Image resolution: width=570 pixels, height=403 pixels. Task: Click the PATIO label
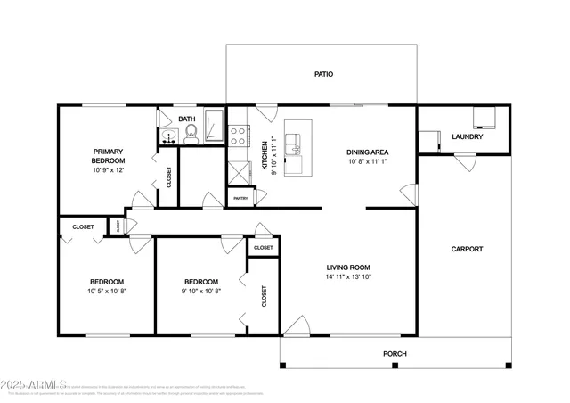[323, 74]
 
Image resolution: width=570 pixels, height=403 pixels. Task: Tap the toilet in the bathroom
[190, 136]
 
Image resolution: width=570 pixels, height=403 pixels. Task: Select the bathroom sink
[168, 136]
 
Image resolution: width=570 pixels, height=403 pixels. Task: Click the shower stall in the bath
[214, 126]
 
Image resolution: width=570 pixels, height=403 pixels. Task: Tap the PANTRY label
[239, 199]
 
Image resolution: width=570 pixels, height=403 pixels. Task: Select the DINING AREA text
[368, 152]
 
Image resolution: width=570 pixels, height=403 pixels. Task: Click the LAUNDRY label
[468, 136]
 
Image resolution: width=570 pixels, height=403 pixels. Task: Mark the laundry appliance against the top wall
[484, 116]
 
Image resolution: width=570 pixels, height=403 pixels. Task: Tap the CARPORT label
[467, 249]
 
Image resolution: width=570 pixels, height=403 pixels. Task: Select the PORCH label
[395, 354]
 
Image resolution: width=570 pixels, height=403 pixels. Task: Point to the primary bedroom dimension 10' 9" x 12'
[108, 170]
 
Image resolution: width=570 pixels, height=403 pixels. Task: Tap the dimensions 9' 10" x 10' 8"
[201, 291]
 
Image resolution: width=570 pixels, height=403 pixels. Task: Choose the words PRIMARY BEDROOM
[108, 155]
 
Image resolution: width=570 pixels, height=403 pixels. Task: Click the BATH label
[186, 119]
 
